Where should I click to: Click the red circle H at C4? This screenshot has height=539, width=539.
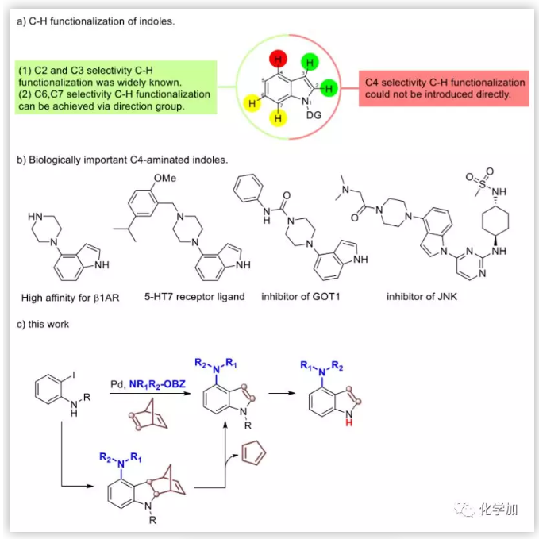coord(278,60)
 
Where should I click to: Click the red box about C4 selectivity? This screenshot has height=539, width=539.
coord(445,88)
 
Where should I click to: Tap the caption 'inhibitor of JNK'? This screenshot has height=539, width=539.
coord(422,297)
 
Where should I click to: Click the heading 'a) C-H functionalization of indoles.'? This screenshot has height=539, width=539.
coord(96,21)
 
